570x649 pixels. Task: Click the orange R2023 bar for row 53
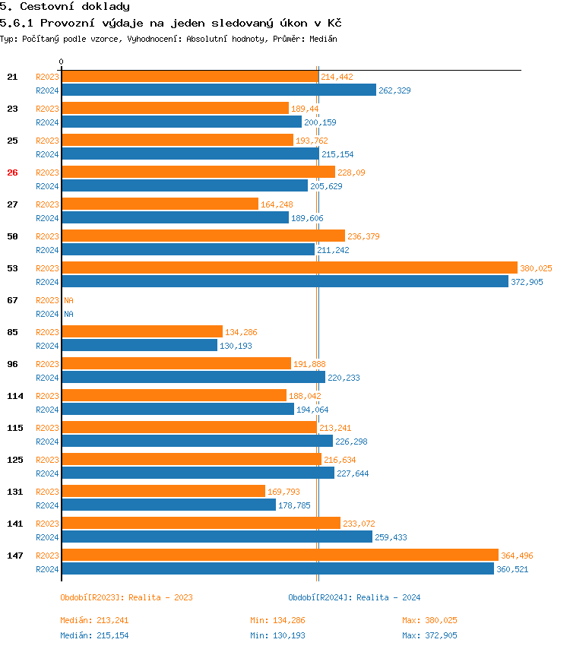point(289,268)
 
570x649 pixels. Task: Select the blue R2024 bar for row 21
point(219,90)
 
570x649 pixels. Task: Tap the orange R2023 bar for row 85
point(141,331)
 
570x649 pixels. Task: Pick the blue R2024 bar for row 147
point(277,568)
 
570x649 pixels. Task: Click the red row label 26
point(12,173)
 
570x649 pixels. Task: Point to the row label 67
point(12,300)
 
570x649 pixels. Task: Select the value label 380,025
point(536,268)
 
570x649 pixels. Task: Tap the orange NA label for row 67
point(68,300)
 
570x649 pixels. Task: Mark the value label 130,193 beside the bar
point(236,346)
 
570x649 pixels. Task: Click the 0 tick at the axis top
point(62,62)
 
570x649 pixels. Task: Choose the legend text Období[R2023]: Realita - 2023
point(126,597)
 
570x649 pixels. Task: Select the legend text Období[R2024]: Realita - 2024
point(354,597)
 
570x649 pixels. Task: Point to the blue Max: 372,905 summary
point(429,635)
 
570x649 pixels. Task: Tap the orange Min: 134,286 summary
point(277,620)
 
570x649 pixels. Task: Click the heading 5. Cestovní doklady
point(65,7)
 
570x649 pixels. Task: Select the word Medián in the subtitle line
point(323,38)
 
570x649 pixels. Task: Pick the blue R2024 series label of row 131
point(47,505)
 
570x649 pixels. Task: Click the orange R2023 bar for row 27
point(160,204)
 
